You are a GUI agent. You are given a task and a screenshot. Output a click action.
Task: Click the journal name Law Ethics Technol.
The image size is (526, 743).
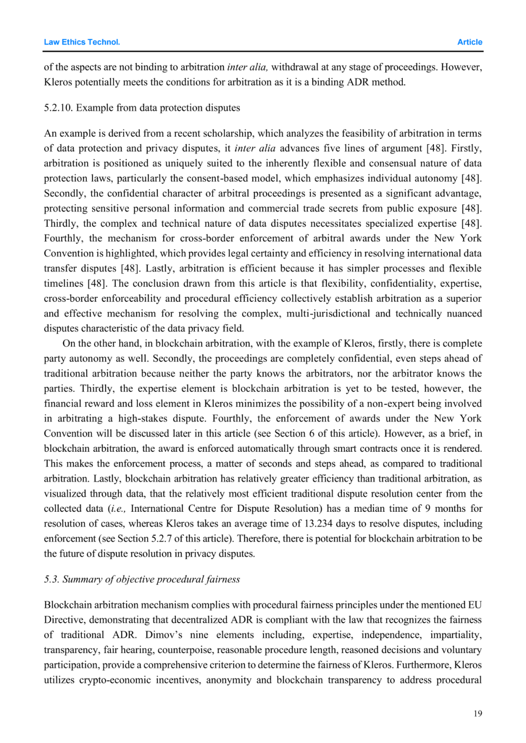click(82, 42)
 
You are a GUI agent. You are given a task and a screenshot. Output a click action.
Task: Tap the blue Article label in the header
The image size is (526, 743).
click(470, 42)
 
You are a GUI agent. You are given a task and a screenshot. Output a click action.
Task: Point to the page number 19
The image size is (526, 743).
click(477, 713)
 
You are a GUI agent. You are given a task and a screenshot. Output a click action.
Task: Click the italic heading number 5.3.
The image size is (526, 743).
click(52, 579)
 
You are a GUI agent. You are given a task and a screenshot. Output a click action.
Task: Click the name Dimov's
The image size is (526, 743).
click(164, 635)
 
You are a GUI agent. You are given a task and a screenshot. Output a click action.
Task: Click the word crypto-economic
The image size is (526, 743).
click(115, 680)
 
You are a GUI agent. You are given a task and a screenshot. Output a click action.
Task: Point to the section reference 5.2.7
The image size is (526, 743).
click(161, 539)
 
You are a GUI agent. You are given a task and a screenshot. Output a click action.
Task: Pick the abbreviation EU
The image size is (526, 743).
click(475, 605)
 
